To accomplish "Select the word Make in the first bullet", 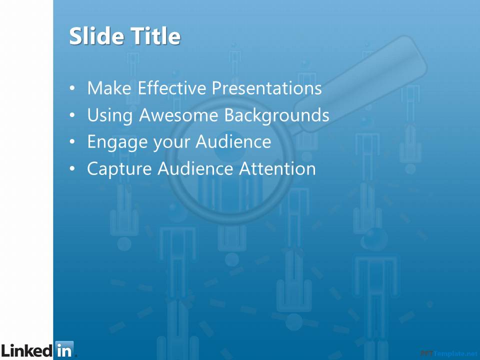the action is click(109, 88).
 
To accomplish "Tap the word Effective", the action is click(172, 88).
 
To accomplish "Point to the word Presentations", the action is click(266, 88).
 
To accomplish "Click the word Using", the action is click(110, 115).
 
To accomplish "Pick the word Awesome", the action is click(178, 115).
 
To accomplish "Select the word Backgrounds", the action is click(276, 115).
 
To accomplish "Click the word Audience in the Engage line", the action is click(233, 141).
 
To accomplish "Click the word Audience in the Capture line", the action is click(195, 168).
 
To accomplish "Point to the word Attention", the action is click(277, 168).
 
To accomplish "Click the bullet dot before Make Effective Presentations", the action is click(72, 88).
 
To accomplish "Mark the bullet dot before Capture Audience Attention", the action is click(72, 168).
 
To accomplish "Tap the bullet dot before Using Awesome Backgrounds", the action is click(72, 115).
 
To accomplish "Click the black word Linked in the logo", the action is click(27, 350).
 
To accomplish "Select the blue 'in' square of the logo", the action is click(64, 349).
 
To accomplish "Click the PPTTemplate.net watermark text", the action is click(449, 353).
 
